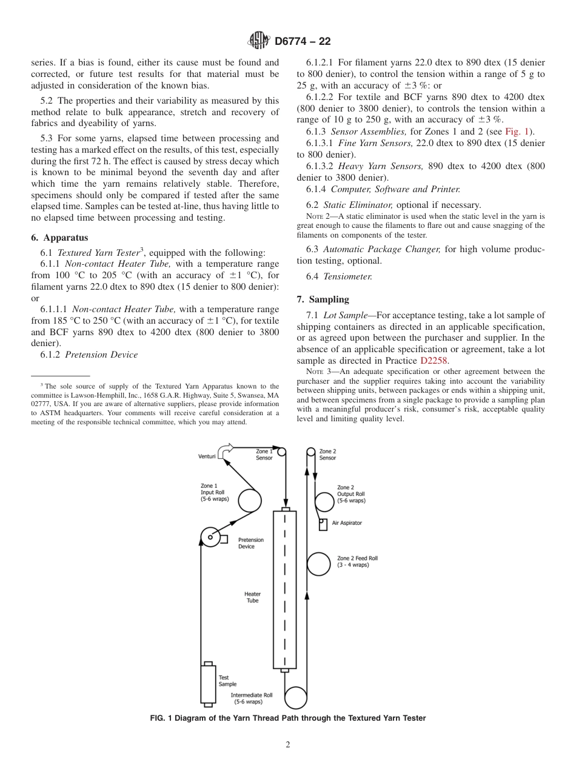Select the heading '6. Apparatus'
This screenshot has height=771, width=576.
pyautogui.click(x=59, y=238)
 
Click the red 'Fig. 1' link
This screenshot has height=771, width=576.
pyautogui.click(x=517, y=132)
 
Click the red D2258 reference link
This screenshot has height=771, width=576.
pyautogui.click(x=434, y=361)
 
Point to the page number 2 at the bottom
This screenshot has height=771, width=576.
pyautogui.click(x=288, y=745)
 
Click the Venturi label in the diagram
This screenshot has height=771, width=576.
pyautogui.click(x=207, y=456)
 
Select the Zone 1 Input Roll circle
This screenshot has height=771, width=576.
pyautogui.click(x=249, y=501)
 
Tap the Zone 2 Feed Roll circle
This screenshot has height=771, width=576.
pyautogui.click(x=318, y=564)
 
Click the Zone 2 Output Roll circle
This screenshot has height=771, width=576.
pyautogui.click(x=326, y=501)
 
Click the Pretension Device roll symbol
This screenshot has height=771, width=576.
pyautogui.click(x=210, y=537)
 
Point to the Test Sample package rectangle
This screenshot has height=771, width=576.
pyautogui.click(x=208, y=684)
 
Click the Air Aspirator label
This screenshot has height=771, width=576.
pyautogui.click(x=347, y=523)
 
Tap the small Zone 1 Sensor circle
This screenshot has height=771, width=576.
pyautogui.click(x=281, y=452)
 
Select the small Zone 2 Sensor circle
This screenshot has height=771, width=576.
pyautogui.click(x=311, y=452)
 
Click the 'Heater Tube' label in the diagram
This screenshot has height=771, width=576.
pyautogui.click(x=252, y=597)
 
